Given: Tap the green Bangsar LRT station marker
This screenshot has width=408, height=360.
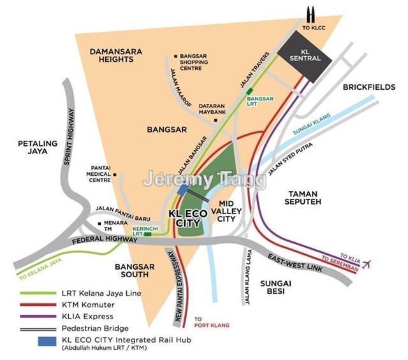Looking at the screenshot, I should [x=249, y=92].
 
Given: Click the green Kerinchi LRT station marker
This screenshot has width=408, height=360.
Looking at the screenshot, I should [x=148, y=234].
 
